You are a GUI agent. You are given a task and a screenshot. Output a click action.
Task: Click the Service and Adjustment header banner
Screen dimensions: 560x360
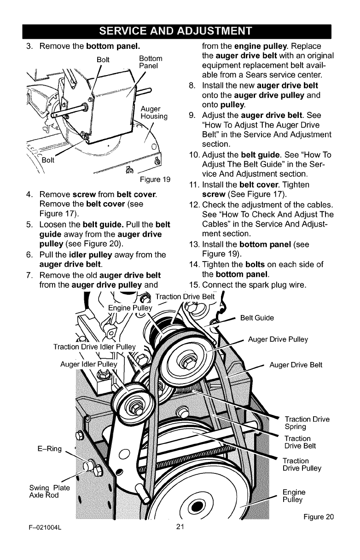click(180, 31)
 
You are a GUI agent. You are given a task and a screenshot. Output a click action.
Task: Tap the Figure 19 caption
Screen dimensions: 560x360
click(152, 180)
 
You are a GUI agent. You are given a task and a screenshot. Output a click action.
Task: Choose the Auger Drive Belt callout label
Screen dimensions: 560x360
click(296, 366)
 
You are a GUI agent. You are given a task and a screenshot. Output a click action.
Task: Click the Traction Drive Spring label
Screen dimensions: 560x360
click(307, 423)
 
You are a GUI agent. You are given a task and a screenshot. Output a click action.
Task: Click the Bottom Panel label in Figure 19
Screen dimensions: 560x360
click(150, 62)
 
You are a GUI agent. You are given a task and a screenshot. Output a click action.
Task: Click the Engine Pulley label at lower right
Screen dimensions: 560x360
click(294, 496)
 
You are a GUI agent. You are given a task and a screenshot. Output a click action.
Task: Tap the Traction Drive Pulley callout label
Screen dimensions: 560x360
click(302, 465)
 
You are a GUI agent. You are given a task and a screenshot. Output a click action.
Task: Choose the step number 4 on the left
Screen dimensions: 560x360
click(29, 194)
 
